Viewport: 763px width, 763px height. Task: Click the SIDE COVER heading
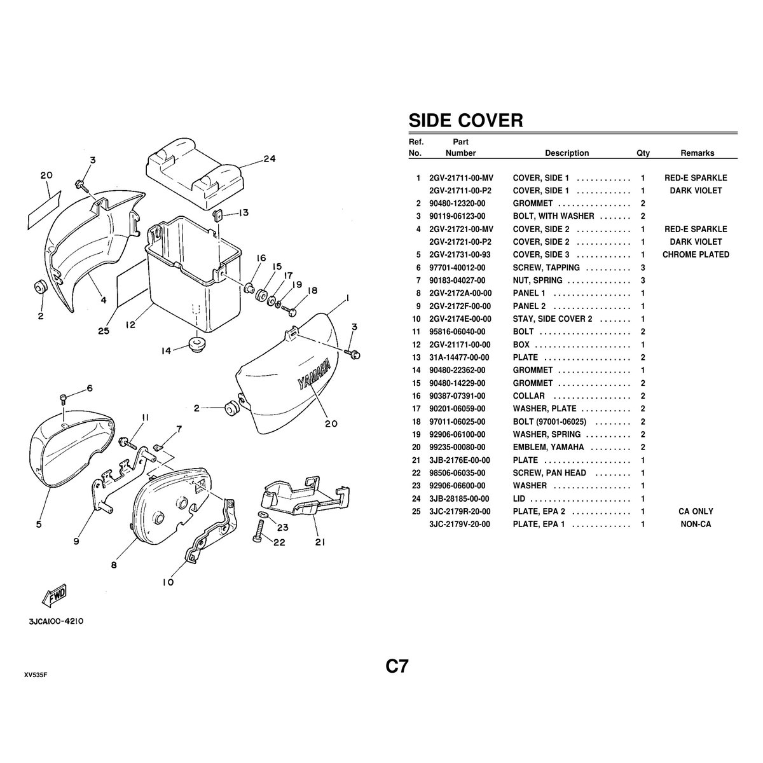point(465,120)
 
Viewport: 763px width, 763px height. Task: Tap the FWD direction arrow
point(54,595)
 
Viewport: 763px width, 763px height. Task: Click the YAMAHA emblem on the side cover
point(314,375)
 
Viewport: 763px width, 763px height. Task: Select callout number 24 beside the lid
point(270,159)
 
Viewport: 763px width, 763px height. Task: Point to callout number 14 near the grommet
point(167,351)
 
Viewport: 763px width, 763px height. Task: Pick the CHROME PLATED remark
point(696,254)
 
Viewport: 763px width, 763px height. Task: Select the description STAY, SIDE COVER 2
point(553,319)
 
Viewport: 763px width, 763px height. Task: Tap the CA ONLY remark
point(696,511)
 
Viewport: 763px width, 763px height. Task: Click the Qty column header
point(643,153)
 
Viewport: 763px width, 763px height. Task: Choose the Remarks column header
point(698,153)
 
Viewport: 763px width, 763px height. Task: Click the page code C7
point(397,666)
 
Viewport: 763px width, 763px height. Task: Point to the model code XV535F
point(36,675)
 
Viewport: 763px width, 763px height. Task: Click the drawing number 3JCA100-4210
point(56,621)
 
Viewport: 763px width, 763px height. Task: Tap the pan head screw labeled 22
point(259,530)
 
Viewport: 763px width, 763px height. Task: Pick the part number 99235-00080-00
point(457,447)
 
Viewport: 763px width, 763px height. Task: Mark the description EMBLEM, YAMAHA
point(548,447)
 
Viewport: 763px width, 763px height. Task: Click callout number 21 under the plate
point(320,542)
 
